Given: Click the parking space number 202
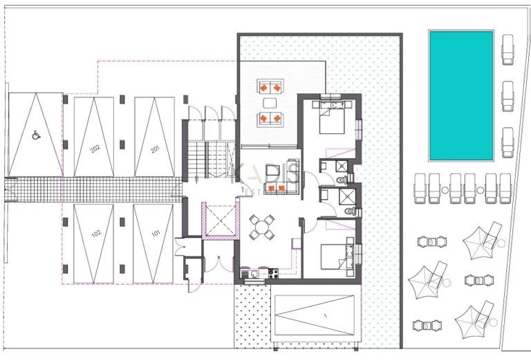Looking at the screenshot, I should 95,148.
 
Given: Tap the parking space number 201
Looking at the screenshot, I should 154,148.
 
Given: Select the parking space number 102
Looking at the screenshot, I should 95,234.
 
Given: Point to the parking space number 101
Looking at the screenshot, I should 156,234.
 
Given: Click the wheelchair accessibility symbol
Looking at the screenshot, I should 35,135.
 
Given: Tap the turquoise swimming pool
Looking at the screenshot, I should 461,95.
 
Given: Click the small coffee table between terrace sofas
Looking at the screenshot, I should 270,103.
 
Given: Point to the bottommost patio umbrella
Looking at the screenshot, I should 473,318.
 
